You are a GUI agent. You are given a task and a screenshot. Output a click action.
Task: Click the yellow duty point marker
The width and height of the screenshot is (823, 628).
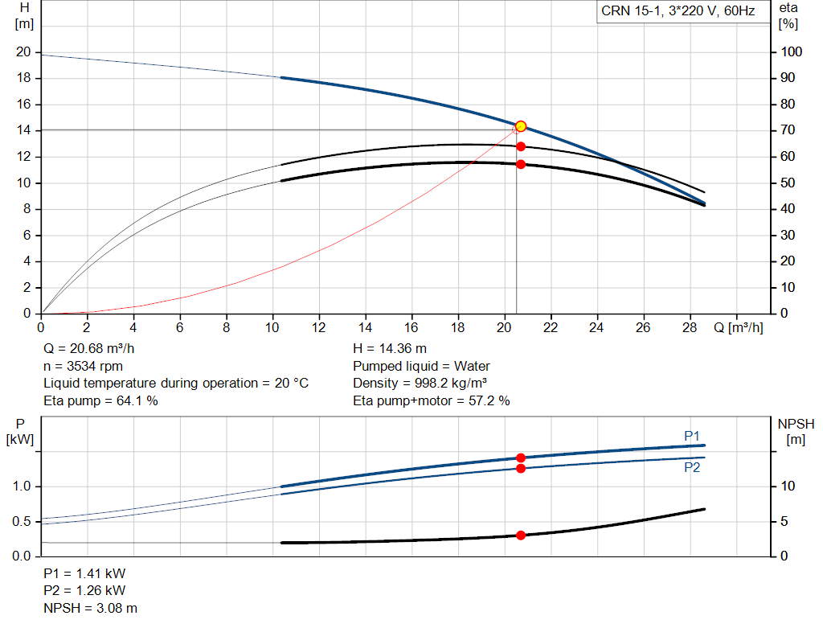click(521, 126)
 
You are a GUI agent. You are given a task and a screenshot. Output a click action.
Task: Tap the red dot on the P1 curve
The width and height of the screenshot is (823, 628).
click(521, 458)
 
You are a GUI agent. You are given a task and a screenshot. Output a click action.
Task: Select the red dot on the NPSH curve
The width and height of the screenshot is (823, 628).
click(521, 535)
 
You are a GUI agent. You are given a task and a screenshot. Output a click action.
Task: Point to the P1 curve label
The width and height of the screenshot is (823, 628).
click(692, 436)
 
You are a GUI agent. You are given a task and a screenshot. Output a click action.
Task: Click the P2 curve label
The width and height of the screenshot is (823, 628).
click(692, 466)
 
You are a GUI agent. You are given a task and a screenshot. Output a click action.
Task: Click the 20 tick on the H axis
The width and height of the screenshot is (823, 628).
click(23, 52)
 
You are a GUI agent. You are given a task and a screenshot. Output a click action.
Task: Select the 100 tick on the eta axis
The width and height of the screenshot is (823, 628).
click(792, 52)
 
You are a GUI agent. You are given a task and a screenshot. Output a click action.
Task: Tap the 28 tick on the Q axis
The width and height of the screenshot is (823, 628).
click(689, 328)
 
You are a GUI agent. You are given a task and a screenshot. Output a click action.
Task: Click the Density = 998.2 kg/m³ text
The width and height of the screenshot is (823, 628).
click(420, 383)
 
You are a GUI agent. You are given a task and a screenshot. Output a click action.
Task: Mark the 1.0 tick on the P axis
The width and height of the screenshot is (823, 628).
click(22, 486)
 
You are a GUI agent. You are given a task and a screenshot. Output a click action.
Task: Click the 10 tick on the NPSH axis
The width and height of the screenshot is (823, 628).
click(788, 486)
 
